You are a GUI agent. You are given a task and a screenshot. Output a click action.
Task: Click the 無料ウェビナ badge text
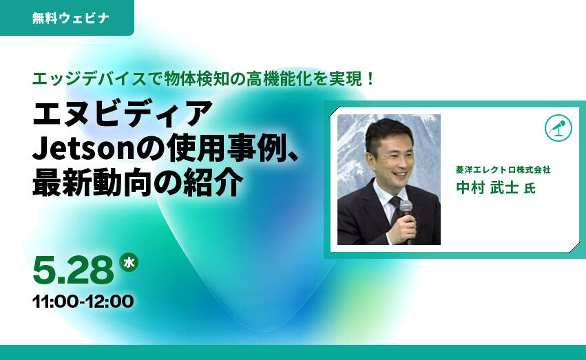click(70, 18)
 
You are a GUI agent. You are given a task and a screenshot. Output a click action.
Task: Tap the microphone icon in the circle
click(558, 128)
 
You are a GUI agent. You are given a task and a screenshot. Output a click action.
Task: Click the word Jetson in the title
click(83, 149)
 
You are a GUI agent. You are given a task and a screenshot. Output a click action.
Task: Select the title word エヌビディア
click(123, 113)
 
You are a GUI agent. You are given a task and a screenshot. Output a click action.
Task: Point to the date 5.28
click(73, 270)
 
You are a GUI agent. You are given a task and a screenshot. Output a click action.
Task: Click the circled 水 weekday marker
click(129, 262)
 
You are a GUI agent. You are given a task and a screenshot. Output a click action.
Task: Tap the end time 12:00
click(110, 301)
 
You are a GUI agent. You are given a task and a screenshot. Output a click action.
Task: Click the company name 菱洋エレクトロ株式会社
click(503, 170)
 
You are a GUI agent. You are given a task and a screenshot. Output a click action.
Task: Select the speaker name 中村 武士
click(487, 187)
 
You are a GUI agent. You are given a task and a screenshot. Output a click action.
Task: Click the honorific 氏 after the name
click(530, 188)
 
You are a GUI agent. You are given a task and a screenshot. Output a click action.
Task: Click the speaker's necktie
click(395, 209)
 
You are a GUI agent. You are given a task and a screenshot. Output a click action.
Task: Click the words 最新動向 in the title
click(93, 183)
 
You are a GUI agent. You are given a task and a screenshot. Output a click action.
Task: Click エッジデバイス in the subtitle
click(89, 78)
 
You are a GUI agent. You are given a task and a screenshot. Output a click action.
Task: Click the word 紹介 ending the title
click(213, 183)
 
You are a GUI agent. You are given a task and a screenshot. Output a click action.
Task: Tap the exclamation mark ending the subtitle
click(370, 78)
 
